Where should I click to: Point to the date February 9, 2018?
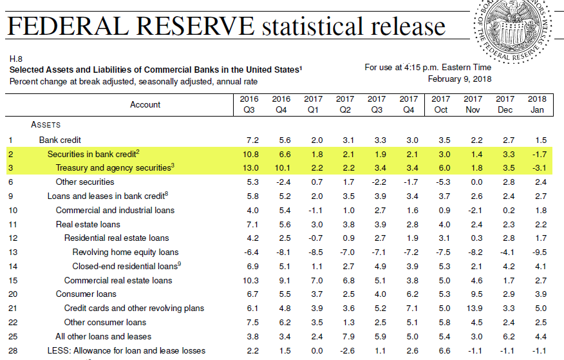[459, 79]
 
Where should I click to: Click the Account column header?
[145, 104]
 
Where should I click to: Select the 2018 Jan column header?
[536, 104]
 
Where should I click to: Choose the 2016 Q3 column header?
[249, 104]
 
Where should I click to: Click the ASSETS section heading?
[46, 124]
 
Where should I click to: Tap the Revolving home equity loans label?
[125, 252]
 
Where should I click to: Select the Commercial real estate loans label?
[118, 280]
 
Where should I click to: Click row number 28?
[12, 351]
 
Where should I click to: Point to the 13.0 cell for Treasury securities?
[249, 168]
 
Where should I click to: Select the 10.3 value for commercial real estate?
[249, 280]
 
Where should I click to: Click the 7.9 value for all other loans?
[345, 336]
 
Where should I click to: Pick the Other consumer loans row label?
[105, 322]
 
